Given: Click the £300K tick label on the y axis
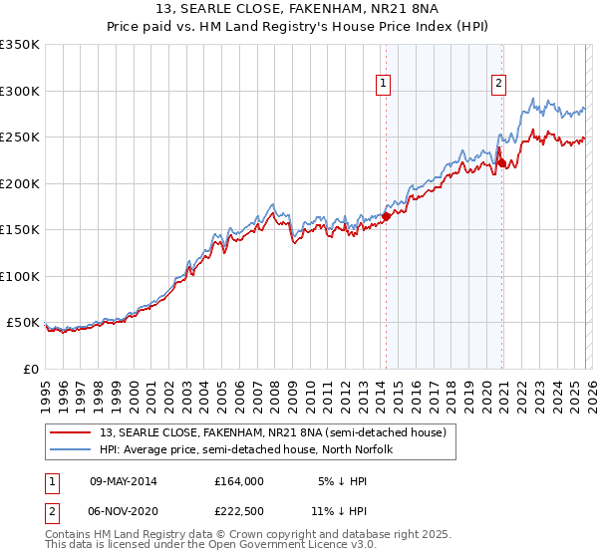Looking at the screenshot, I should tap(21, 91).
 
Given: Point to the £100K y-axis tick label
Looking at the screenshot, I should tap(21, 276).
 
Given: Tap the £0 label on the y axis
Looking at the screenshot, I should tap(31, 369).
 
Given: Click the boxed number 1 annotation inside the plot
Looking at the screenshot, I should tap(385, 85).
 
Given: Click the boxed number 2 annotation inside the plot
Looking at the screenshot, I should tap(497, 85).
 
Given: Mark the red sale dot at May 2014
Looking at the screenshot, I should tap(386, 216).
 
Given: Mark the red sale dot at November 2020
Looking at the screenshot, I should tap(500, 162).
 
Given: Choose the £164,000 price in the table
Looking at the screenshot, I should tap(239, 480).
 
